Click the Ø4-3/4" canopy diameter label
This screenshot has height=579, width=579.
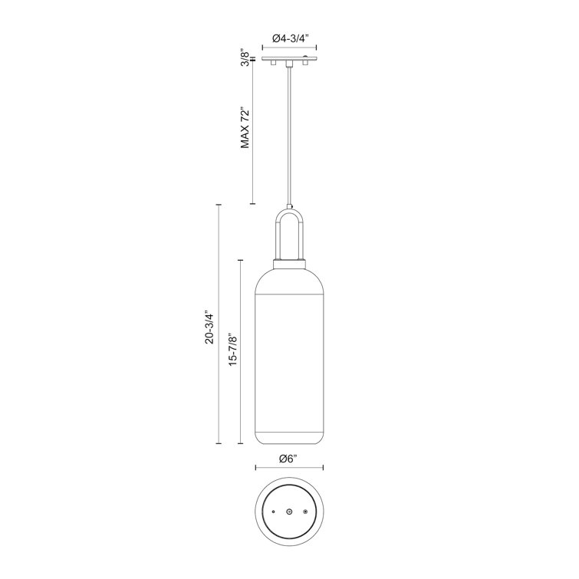coord(290,37)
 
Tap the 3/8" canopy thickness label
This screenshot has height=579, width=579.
coord(244,58)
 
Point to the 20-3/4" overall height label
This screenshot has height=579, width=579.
coord(209,326)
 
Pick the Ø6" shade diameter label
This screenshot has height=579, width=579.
coord(288,459)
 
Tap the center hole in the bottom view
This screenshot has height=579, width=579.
coord(289,511)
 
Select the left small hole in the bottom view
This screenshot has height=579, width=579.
coord(273,511)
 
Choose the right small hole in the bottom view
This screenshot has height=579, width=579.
coord(305,511)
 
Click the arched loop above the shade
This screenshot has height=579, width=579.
coord(289,230)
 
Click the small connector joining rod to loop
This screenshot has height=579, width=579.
coord(289,206)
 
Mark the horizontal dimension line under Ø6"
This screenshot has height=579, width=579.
coord(289,468)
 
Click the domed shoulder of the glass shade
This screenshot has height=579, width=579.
coord(289,280)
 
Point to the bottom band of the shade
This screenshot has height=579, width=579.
coord(289,437)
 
